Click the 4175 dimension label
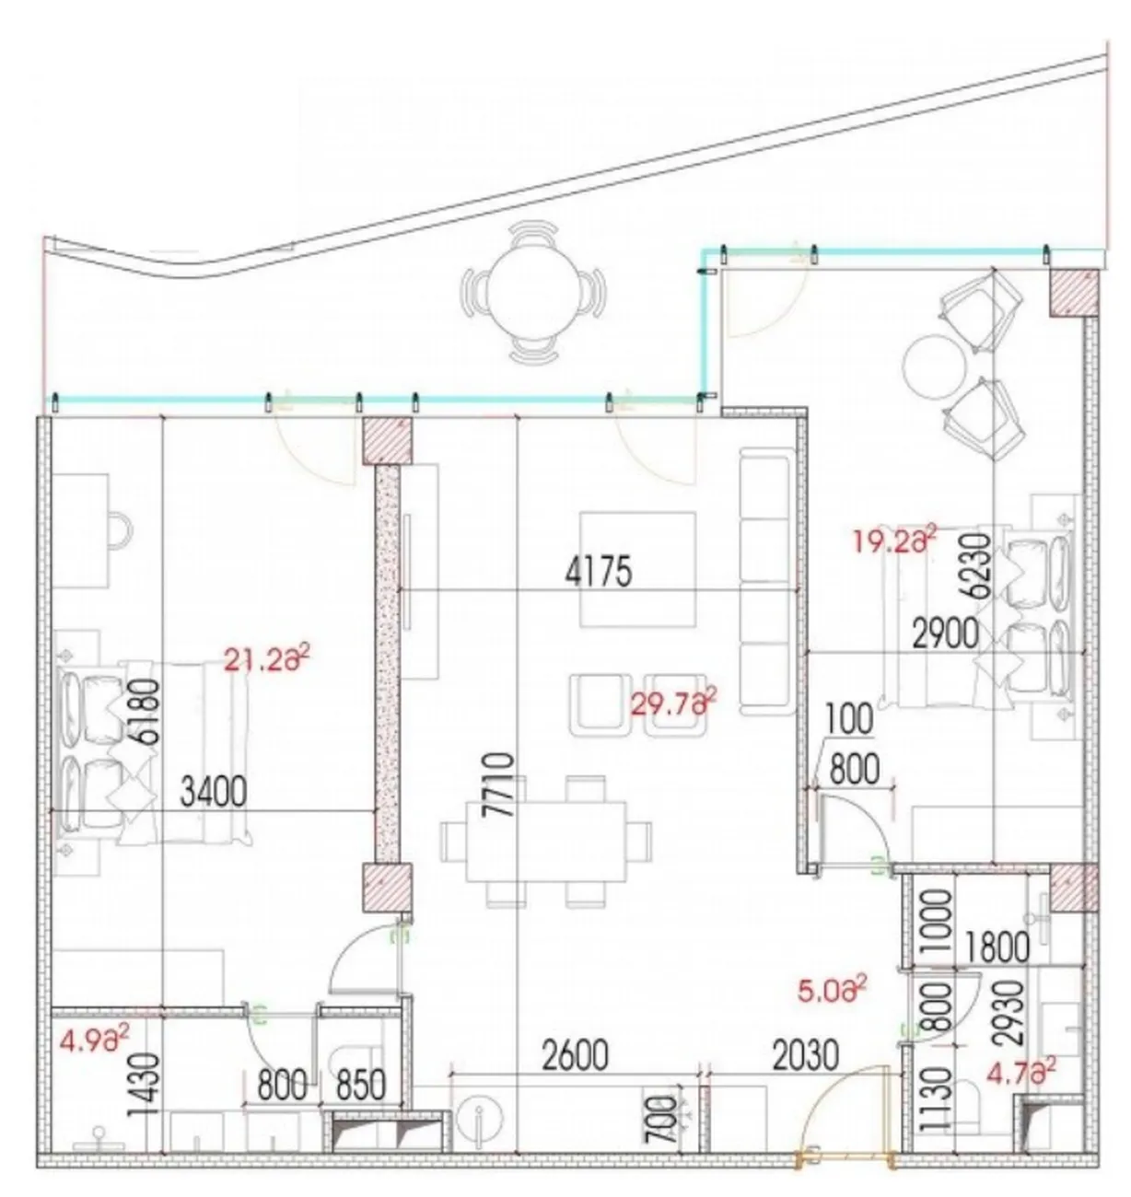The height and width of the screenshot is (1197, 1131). point(599,572)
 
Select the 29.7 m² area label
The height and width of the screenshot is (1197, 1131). point(673,703)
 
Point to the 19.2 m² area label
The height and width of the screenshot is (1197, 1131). point(894,540)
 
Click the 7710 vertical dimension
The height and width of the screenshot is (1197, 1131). point(500,784)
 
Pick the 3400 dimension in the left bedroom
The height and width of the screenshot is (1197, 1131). point(214,792)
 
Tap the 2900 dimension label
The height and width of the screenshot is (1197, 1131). point(945,634)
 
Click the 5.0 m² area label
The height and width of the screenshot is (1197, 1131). point(832,990)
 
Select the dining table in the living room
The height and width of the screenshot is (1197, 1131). point(545,842)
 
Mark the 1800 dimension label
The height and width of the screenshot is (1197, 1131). point(997,947)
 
